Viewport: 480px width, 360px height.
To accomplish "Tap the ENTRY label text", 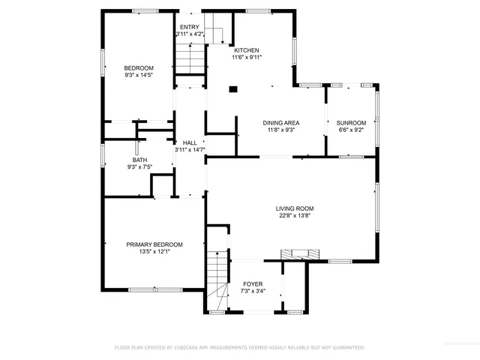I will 190,27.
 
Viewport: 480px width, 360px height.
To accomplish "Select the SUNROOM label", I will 351,123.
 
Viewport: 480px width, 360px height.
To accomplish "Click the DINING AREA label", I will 281,123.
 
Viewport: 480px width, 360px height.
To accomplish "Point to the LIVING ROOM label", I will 295,208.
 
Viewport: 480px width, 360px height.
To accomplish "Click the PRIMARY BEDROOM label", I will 154,244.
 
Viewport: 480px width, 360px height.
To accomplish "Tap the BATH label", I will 140,160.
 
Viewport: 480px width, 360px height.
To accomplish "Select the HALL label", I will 190,142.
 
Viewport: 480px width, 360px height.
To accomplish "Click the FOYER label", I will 253,284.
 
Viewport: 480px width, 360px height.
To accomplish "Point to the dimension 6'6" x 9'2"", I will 351,130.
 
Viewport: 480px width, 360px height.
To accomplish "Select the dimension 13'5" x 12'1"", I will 154,252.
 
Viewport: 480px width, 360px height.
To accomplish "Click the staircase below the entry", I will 190,57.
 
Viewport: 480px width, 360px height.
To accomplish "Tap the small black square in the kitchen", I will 232,89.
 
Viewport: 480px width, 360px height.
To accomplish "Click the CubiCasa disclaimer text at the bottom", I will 239,348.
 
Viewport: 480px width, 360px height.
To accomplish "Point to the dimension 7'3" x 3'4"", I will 253,291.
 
